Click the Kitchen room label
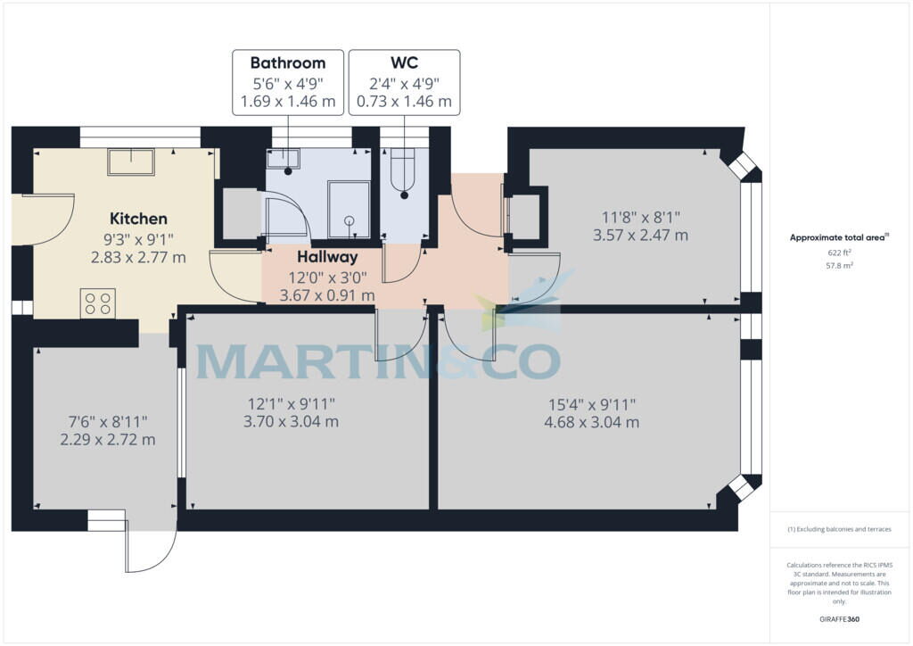click(x=138, y=219)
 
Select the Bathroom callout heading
click(x=287, y=63)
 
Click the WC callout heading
click(x=404, y=63)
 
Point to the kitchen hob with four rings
click(x=99, y=303)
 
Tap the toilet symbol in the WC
click(x=405, y=174)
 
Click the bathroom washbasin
click(x=286, y=159)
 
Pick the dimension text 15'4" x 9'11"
click(x=591, y=404)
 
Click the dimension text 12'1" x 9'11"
click(x=291, y=404)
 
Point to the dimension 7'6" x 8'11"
click(x=108, y=421)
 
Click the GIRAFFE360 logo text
click(x=840, y=619)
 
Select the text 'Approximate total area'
click(x=837, y=237)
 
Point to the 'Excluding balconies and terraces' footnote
click(x=839, y=529)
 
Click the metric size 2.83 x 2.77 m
click(x=138, y=258)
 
